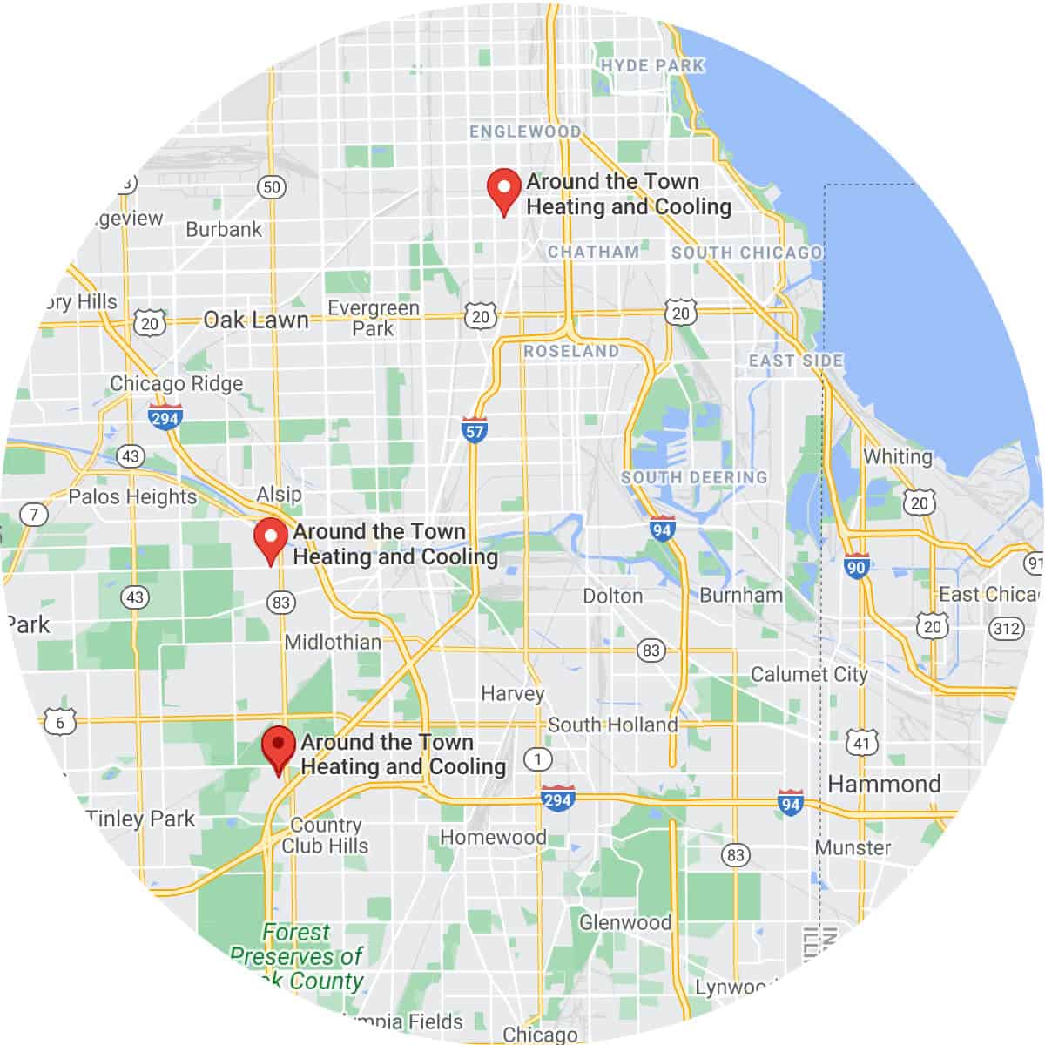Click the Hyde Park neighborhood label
[x=652, y=65]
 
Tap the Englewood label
[x=525, y=131]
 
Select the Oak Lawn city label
[x=256, y=320]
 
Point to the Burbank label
[x=224, y=229]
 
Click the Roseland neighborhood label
[x=571, y=351]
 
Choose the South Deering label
[x=694, y=477]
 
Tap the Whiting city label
[x=897, y=456]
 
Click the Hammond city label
[x=884, y=784]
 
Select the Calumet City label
[x=809, y=674]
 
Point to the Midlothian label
[x=333, y=642]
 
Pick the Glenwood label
[x=625, y=921]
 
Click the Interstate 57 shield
[x=474, y=430]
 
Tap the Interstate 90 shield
[x=856, y=567]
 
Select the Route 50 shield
[x=272, y=186]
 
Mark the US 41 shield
[x=862, y=743]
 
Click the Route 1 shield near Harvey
[x=538, y=758]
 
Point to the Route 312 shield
[x=1006, y=628]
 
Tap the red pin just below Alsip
[x=270, y=538]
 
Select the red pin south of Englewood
[x=502, y=190]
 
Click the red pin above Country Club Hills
[x=278, y=748]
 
